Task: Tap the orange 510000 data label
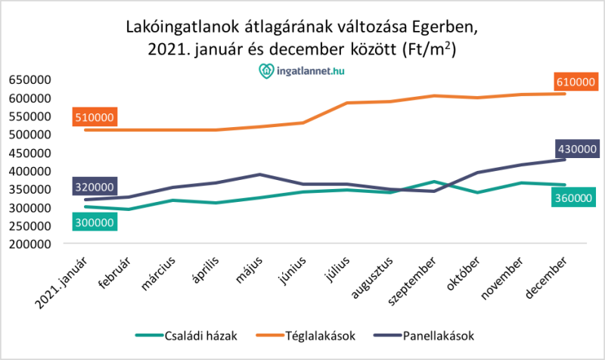[x=95, y=117]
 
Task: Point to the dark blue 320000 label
[x=95, y=187]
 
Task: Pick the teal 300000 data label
[x=95, y=222]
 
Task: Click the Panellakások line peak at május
[x=259, y=174]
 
